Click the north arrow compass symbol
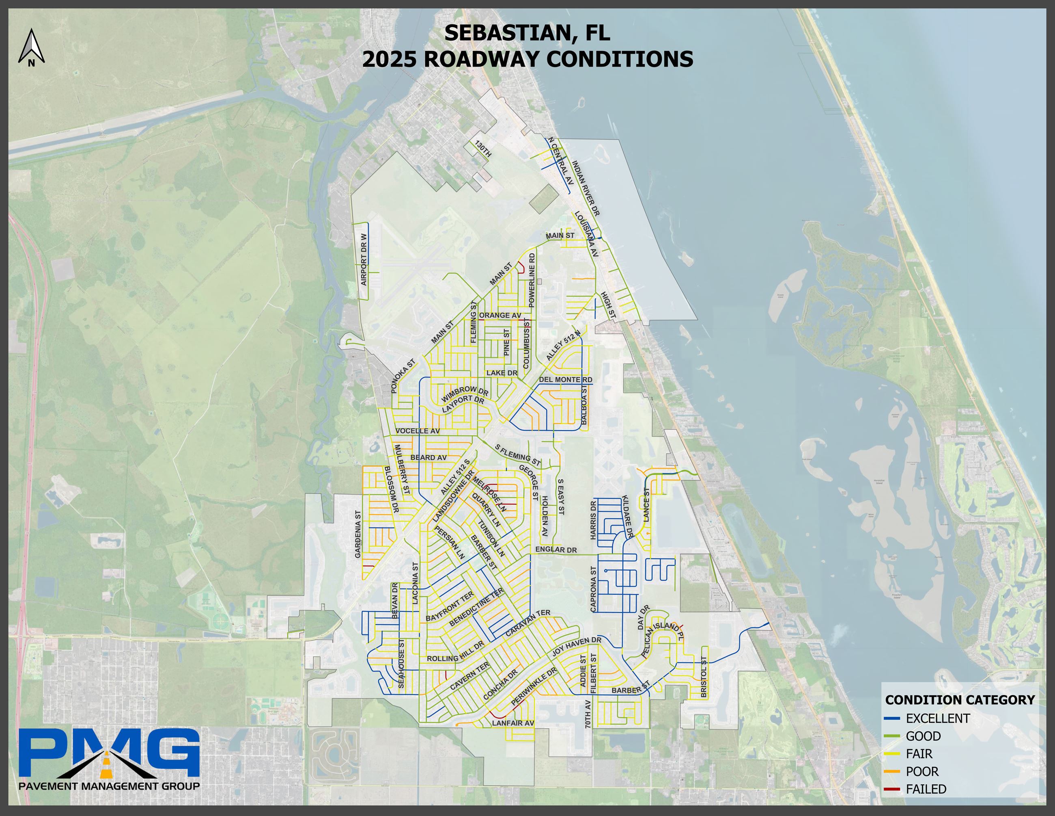pos(31,47)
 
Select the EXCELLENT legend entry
pos(937,719)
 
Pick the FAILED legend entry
pos(926,789)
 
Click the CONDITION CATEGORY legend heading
pos(959,699)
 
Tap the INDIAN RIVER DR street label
pos(586,188)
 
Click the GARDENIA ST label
pos(358,534)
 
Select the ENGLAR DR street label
pos(556,550)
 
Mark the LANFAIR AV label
pos(512,723)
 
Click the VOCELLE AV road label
pos(418,431)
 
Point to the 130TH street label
pos(483,149)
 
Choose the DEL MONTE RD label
pos(565,379)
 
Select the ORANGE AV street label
pos(500,315)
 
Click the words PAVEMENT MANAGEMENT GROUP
pos(109,786)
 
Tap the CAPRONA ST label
pos(594,589)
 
